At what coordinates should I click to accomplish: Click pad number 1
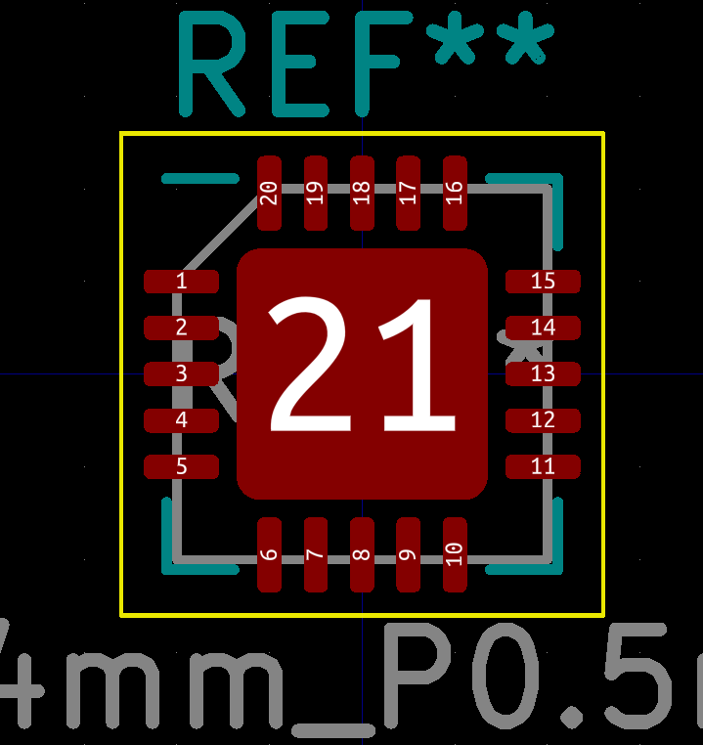click(x=181, y=282)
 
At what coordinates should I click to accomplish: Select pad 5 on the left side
click(x=181, y=466)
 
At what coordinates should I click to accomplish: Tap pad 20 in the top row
click(x=269, y=193)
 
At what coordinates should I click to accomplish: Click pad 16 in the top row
click(x=455, y=193)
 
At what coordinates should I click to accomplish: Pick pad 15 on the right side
click(x=543, y=282)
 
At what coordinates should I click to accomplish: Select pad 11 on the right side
click(x=543, y=466)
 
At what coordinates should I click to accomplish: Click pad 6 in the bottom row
click(x=269, y=554)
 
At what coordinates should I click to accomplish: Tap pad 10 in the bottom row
click(x=455, y=554)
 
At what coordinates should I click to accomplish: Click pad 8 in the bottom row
click(x=362, y=554)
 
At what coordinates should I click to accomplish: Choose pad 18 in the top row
click(x=362, y=193)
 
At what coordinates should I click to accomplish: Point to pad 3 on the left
click(x=181, y=373)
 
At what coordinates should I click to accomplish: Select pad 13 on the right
click(x=543, y=373)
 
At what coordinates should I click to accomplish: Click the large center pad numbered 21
click(x=362, y=373)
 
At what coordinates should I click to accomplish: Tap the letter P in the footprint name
click(x=420, y=675)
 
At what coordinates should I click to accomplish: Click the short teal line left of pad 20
click(x=200, y=178)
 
